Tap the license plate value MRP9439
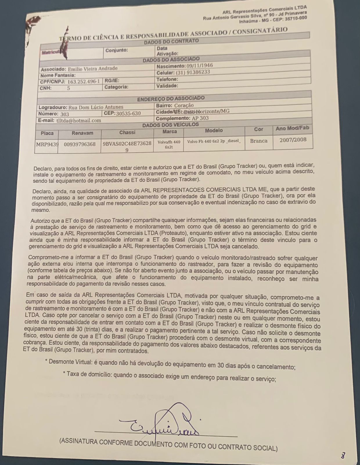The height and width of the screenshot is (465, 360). click(x=47, y=144)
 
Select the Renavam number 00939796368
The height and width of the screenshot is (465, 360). click(x=79, y=144)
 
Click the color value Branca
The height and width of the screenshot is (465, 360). click(x=258, y=141)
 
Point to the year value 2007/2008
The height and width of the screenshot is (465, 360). click(x=293, y=139)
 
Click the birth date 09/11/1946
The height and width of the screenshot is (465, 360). click(x=200, y=66)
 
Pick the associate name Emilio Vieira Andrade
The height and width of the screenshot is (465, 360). click(x=93, y=69)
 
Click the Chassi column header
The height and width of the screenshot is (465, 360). click(x=127, y=133)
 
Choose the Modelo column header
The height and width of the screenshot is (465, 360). click(x=214, y=131)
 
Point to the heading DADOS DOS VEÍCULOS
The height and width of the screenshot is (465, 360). click(x=170, y=125)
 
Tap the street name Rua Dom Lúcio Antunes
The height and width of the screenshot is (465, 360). click(x=96, y=107)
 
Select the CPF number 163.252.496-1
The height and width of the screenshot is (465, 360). click(x=84, y=82)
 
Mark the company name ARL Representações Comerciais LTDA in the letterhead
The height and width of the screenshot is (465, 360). click(x=264, y=10)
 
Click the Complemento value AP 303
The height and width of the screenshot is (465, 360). click(x=200, y=118)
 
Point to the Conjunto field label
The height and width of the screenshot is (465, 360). click(x=117, y=50)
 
